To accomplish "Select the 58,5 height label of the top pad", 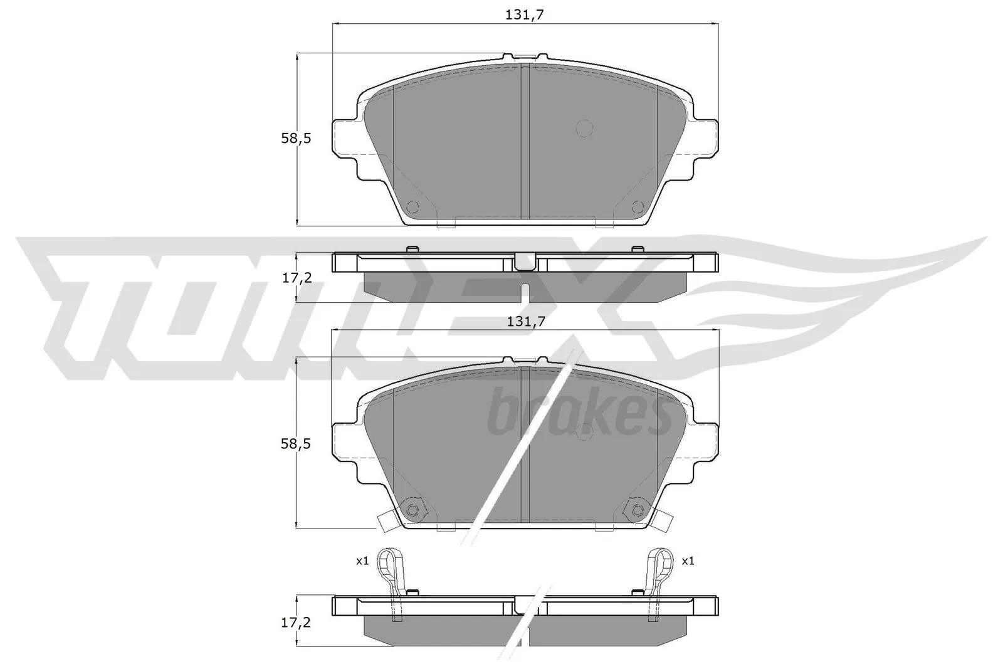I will (x=296, y=139).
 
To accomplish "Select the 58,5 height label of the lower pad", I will (x=296, y=444).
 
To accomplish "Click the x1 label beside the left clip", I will (x=362, y=561).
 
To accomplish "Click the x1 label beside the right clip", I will (x=688, y=561).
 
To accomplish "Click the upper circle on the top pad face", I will (x=584, y=128).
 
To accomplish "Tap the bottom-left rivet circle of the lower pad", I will (x=412, y=510).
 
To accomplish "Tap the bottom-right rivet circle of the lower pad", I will (x=638, y=510).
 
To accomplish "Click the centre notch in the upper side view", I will (x=525, y=261).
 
